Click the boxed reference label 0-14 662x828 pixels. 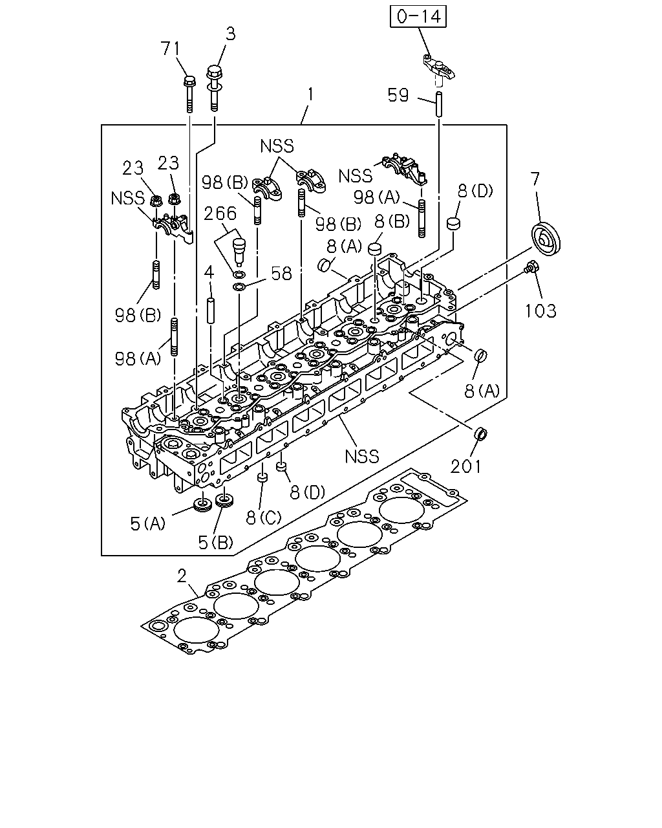418,17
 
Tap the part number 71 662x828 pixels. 171,49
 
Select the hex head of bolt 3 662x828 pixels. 214,72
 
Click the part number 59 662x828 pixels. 398,95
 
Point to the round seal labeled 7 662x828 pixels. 546,238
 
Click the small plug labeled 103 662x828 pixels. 531,267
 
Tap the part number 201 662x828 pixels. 466,466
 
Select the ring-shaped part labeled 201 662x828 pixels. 480,433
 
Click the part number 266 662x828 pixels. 220,213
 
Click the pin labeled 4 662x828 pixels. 210,310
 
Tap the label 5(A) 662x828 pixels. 147,524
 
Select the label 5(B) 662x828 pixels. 215,543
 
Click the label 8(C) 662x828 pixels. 264,518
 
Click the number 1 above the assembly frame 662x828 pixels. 311,94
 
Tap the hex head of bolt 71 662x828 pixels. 189,82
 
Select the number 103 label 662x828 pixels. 541,311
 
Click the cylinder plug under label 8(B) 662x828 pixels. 374,248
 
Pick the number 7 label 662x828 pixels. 535,179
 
